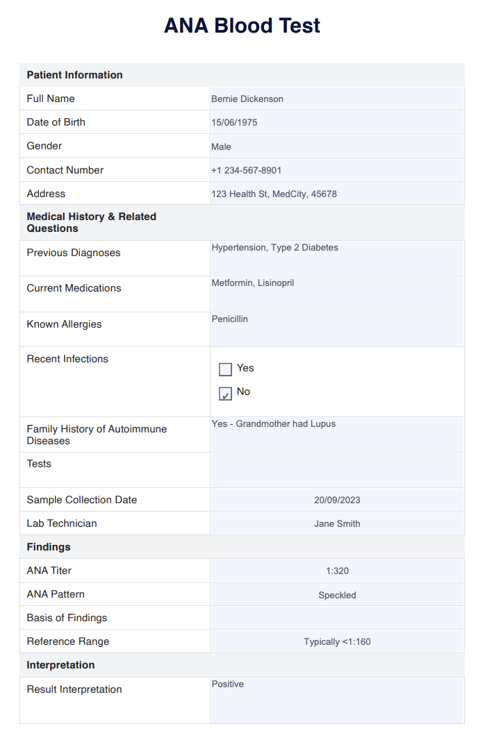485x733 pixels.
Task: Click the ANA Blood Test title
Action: [x=242, y=26]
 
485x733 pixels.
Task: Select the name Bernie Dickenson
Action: [x=247, y=99]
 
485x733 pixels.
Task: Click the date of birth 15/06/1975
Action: [x=234, y=123]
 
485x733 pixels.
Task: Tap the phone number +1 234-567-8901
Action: [x=246, y=170]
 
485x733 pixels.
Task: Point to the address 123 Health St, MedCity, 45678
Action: [x=274, y=194]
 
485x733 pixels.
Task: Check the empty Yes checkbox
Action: [x=225, y=369]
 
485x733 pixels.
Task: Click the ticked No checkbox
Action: [x=225, y=394]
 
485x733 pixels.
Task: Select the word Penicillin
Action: [x=229, y=319]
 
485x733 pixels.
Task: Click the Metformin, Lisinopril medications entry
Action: [x=252, y=283]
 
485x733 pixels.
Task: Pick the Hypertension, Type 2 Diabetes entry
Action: [x=274, y=247]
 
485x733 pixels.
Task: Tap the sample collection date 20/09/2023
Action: [x=337, y=500]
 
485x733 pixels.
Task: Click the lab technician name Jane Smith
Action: [x=337, y=523]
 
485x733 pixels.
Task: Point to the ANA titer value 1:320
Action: [x=337, y=571]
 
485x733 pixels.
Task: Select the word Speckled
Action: [x=337, y=595]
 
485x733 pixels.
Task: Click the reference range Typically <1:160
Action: [x=337, y=642]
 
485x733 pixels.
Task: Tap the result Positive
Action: [x=228, y=684]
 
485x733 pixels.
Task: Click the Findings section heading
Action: [x=49, y=547]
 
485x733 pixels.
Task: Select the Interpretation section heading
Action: [x=60, y=665]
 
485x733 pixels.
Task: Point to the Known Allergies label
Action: [x=64, y=324]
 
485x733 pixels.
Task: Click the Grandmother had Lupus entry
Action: [x=273, y=423]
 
